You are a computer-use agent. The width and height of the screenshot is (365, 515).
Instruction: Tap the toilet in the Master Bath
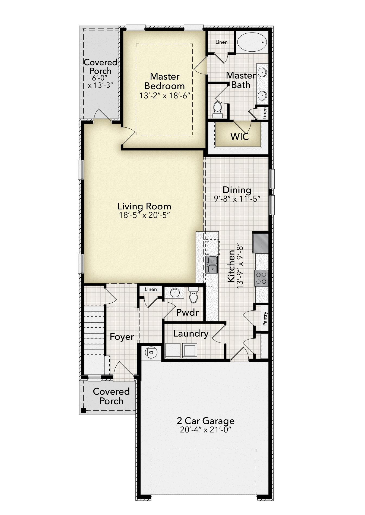click(217, 110)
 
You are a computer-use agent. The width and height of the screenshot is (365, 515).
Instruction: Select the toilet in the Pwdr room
click(193, 296)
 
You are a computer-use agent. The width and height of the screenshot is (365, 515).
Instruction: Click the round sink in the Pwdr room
click(174, 293)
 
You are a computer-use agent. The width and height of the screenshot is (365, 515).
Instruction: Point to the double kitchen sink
click(211, 265)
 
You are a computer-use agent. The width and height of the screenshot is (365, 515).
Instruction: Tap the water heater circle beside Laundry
click(151, 352)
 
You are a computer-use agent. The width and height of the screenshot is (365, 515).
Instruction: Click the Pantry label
click(265, 319)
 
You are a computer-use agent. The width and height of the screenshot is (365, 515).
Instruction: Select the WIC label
click(240, 137)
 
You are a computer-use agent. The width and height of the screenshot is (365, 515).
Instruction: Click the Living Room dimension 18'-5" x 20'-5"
click(144, 215)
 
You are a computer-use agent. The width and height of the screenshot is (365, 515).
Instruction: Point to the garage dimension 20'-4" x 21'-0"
click(205, 430)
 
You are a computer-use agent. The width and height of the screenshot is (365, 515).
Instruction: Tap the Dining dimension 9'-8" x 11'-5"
click(237, 199)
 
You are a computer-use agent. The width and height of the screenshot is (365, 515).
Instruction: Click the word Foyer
click(122, 337)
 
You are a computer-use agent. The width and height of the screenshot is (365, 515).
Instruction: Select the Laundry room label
click(191, 334)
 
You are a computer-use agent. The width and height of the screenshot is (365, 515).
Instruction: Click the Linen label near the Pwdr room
click(151, 289)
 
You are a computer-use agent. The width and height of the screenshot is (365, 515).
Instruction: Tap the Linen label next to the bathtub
click(221, 42)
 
